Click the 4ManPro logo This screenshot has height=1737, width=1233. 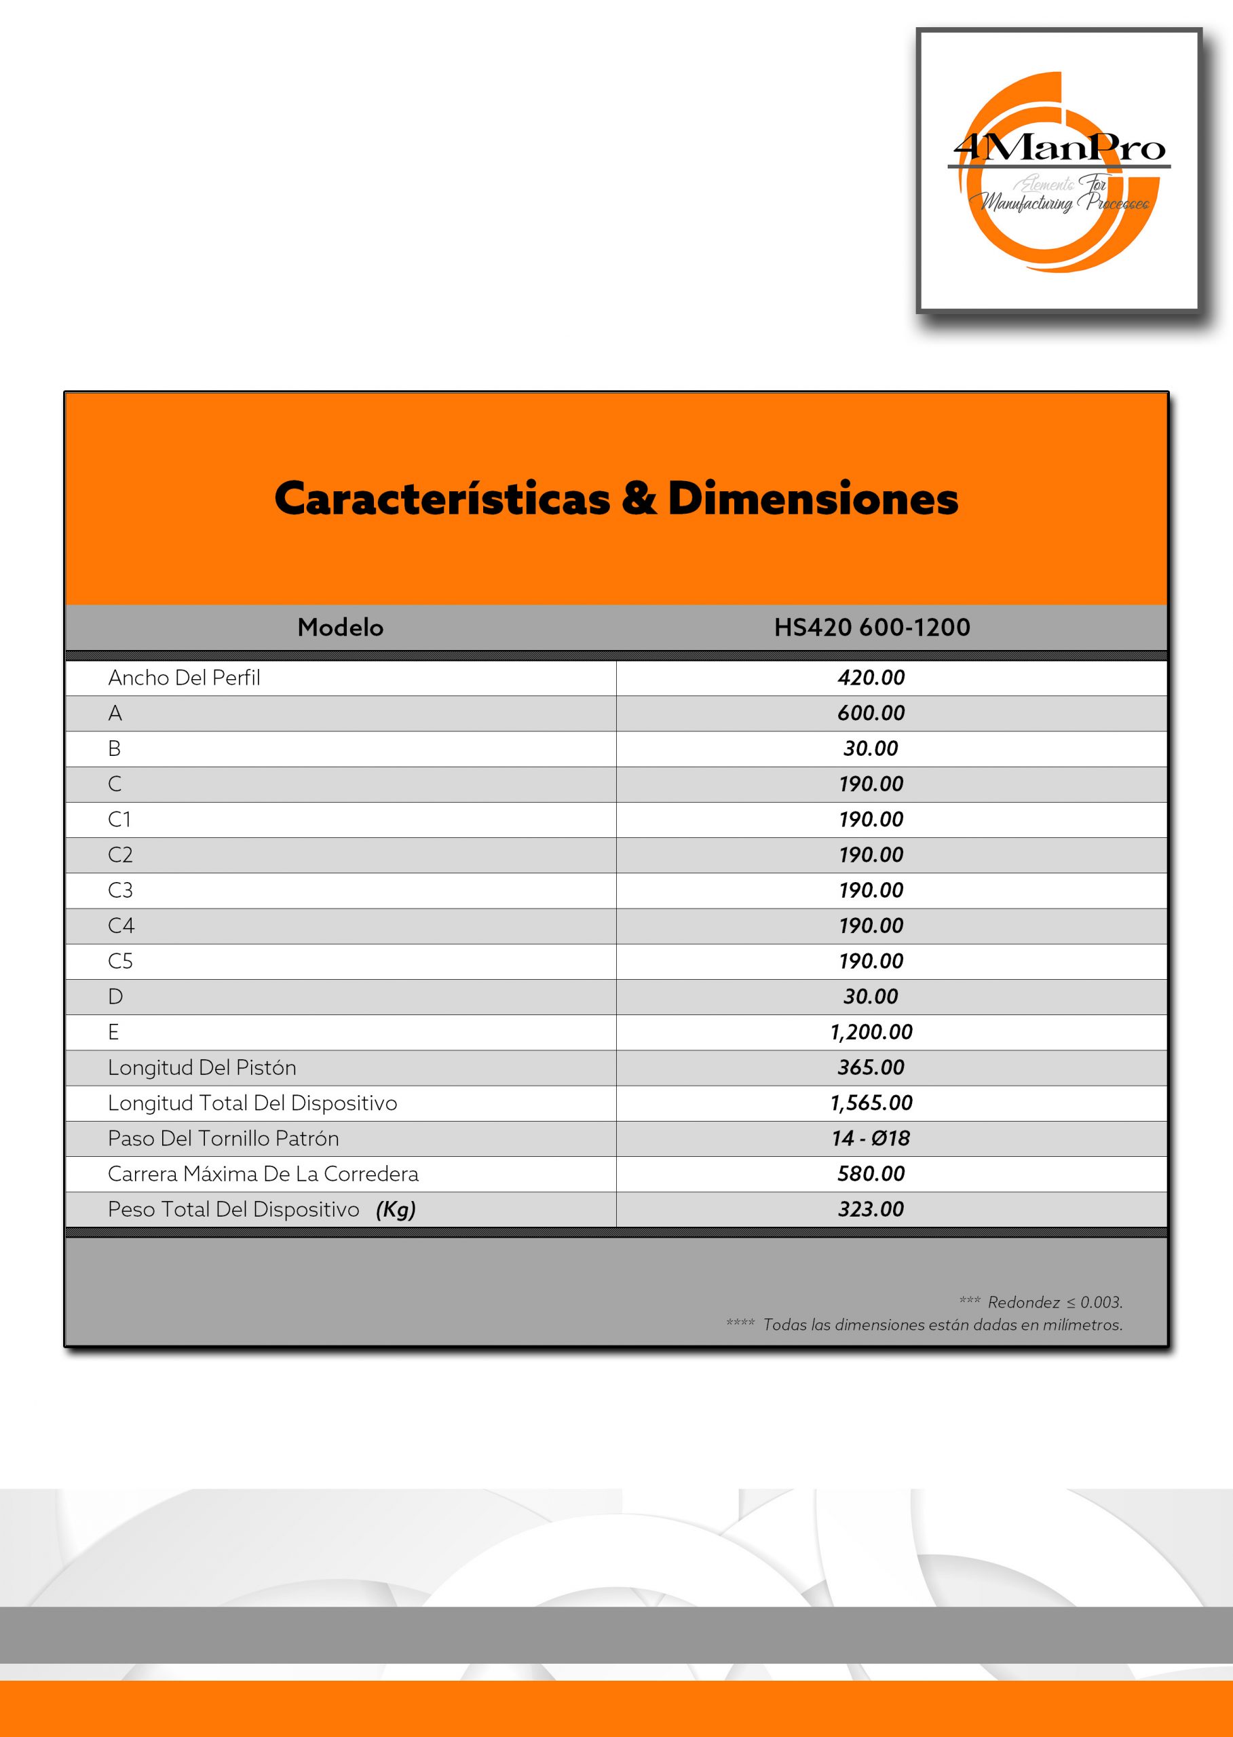pyautogui.click(x=1059, y=172)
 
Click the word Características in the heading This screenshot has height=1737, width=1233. pyautogui.click(x=442, y=499)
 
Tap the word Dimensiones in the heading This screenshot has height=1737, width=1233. pyautogui.click(x=812, y=499)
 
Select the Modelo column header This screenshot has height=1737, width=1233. pyautogui.click(x=340, y=628)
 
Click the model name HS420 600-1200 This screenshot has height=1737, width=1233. pyautogui.click(x=871, y=628)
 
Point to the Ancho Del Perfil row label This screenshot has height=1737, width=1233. pyautogui.click(x=184, y=678)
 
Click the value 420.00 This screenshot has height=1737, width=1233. pyautogui.click(x=871, y=678)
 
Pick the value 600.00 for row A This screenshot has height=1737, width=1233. pyautogui.click(x=871, y=714)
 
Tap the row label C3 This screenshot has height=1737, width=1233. pyautogui.click(x=120, y=890)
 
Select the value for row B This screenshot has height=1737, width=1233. pyautogui.click(x=871, y=748)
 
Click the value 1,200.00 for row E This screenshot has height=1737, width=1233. pyautogui.click(x=871, y=1033)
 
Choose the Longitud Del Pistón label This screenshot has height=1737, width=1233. pyautogui.click(x=202, y=1068)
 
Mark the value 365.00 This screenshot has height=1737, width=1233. pyautogui.click(x=871, y=1068)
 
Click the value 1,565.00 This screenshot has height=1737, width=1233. pyautogui.click(x=871, y=1103)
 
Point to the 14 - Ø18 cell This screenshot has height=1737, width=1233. pyautogui.click(x=871, y=1139)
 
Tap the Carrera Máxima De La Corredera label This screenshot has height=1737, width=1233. pyautogui.click(x=263, y=1175)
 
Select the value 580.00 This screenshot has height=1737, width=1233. pyautogui.click(x=871, y=1175)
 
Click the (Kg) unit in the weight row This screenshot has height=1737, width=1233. pyautogui.click(x=396, y=1210)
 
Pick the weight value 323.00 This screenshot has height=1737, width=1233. pyautogui.click(x=871, y=1209)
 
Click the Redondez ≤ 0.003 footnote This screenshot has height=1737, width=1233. pyautogui.click(x=1054, y=1303)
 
